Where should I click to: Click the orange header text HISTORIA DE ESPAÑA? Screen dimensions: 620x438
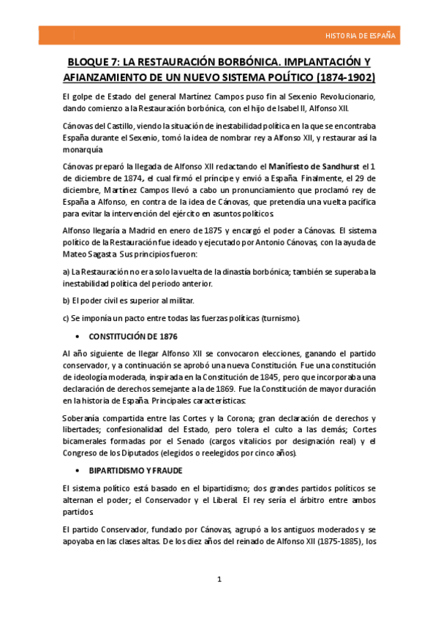click(360, 35)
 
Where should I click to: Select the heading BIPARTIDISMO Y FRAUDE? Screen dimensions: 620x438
click(136, 471)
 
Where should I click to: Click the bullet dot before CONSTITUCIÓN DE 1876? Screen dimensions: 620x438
click(78, 337)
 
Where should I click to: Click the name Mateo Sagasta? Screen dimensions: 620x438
click(91, 254)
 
